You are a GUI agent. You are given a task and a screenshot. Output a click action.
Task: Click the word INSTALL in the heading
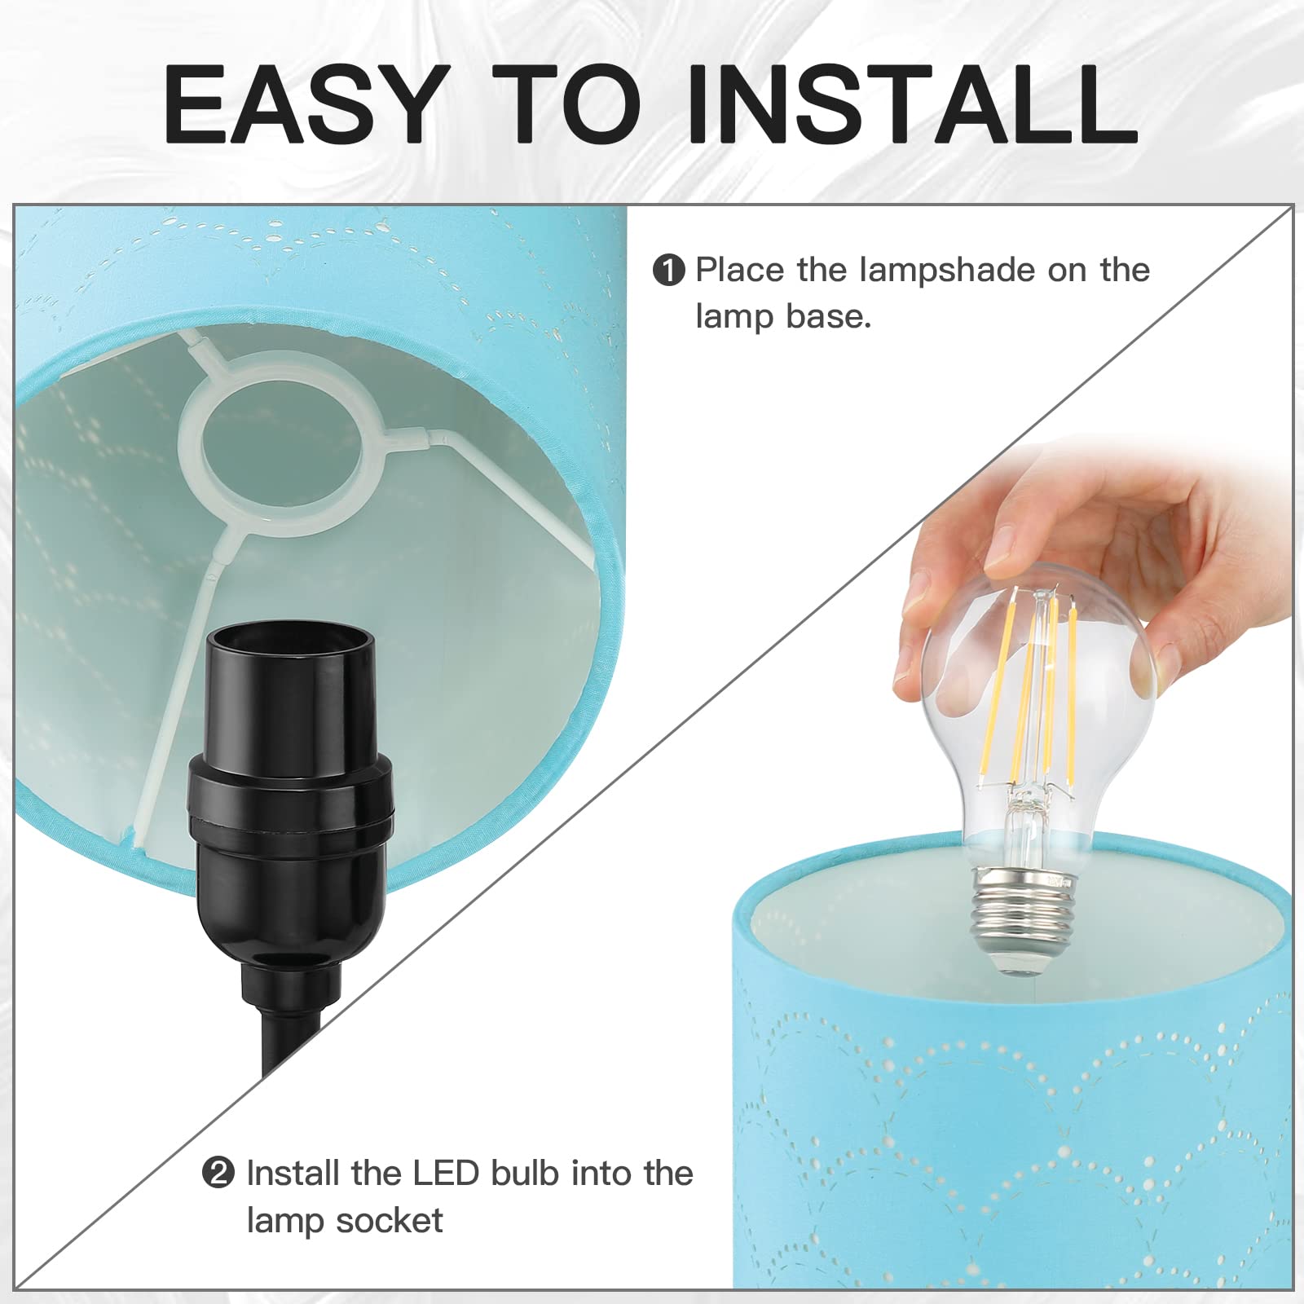pos(912,104)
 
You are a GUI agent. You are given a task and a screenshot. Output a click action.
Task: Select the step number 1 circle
pos(669,271)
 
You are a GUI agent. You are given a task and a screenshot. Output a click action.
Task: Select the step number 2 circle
pos(218,1174)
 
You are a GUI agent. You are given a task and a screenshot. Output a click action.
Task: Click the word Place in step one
pos(740,271)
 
